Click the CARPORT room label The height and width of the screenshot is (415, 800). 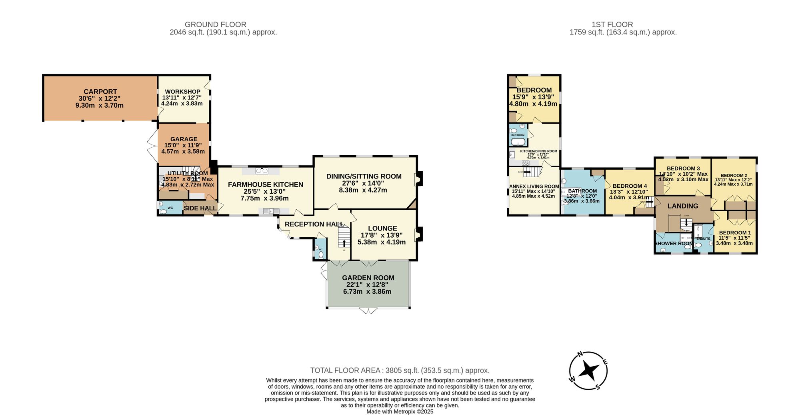pyautogui.click(x=100, y=92)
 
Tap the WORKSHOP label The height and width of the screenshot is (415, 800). pyautogui.click(x=182, y=92)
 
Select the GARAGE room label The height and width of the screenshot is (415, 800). pyautogui.click(x=184, y=139)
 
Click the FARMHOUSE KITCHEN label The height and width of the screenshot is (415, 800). pyautogui.click(x=266, y=184)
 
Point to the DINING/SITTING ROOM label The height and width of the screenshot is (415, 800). pyautogui.click(x=364, y=176)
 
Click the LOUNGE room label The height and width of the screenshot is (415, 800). pyautogui.click(x=382, y=229)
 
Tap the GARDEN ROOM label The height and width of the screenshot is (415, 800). pyautogui.click(x=368, y=278)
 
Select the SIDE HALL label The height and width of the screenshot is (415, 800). pyautogui.click(x=200, y=208)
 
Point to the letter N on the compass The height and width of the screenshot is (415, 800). pyautogui.click(x=580, y=355)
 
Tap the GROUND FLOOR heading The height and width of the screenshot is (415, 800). pyautogui.click(x=216, y=25)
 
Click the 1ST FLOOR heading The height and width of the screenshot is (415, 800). pyautogui.click(x=612, y=25)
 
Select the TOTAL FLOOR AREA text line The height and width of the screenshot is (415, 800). pyautogui.click(x=400, y=371)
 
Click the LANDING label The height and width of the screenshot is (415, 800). pyautogui.click(x=683, y=206)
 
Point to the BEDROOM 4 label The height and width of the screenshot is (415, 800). pyautogui.click(x=630, y=186)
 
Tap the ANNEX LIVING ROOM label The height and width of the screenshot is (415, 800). pyautogui.click(x=534, y=186)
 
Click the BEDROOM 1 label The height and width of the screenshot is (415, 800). pyautogui.click(x=735, y=233)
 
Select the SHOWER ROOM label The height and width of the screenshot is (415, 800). pyautogui.click(x=674, y=243)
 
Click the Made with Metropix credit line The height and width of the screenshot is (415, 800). pyautogui.click(x=400, y=411)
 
